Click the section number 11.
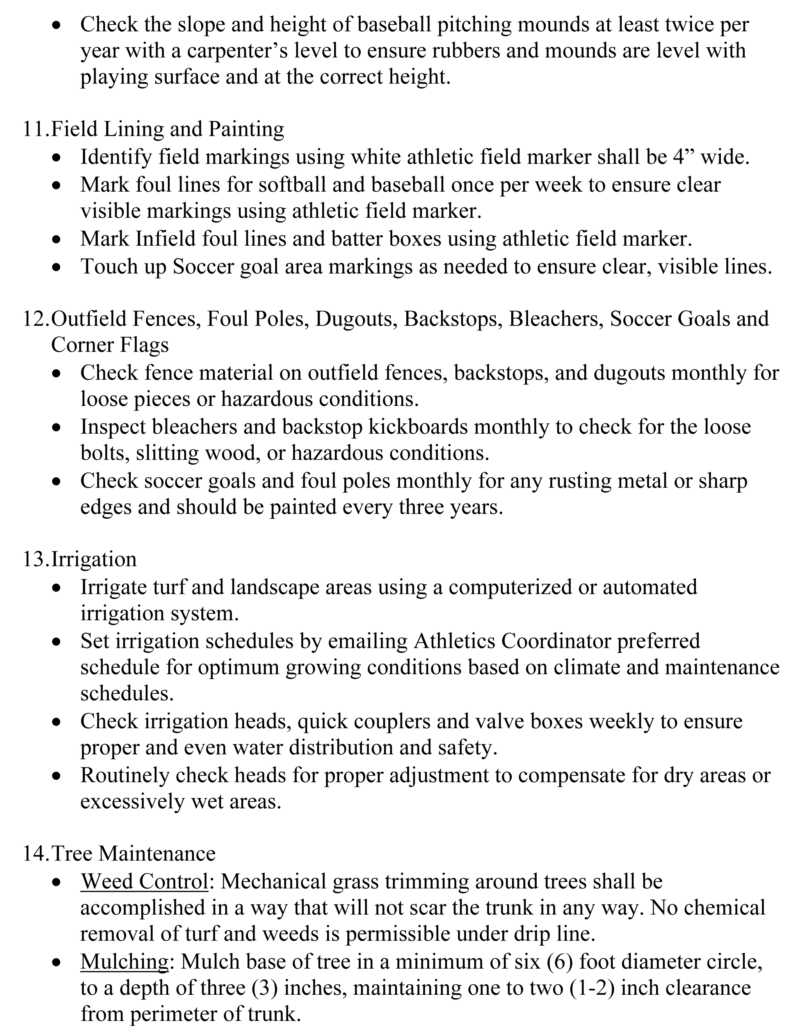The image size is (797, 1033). (x=34, y=129)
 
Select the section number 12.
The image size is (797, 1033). (x=34, y=319)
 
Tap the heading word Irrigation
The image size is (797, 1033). (x=94, y=559)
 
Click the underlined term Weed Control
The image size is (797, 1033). (x=144, y=881)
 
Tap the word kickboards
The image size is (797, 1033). (x=418, y=427)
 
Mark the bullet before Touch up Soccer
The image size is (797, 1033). (x=57, y=267)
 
